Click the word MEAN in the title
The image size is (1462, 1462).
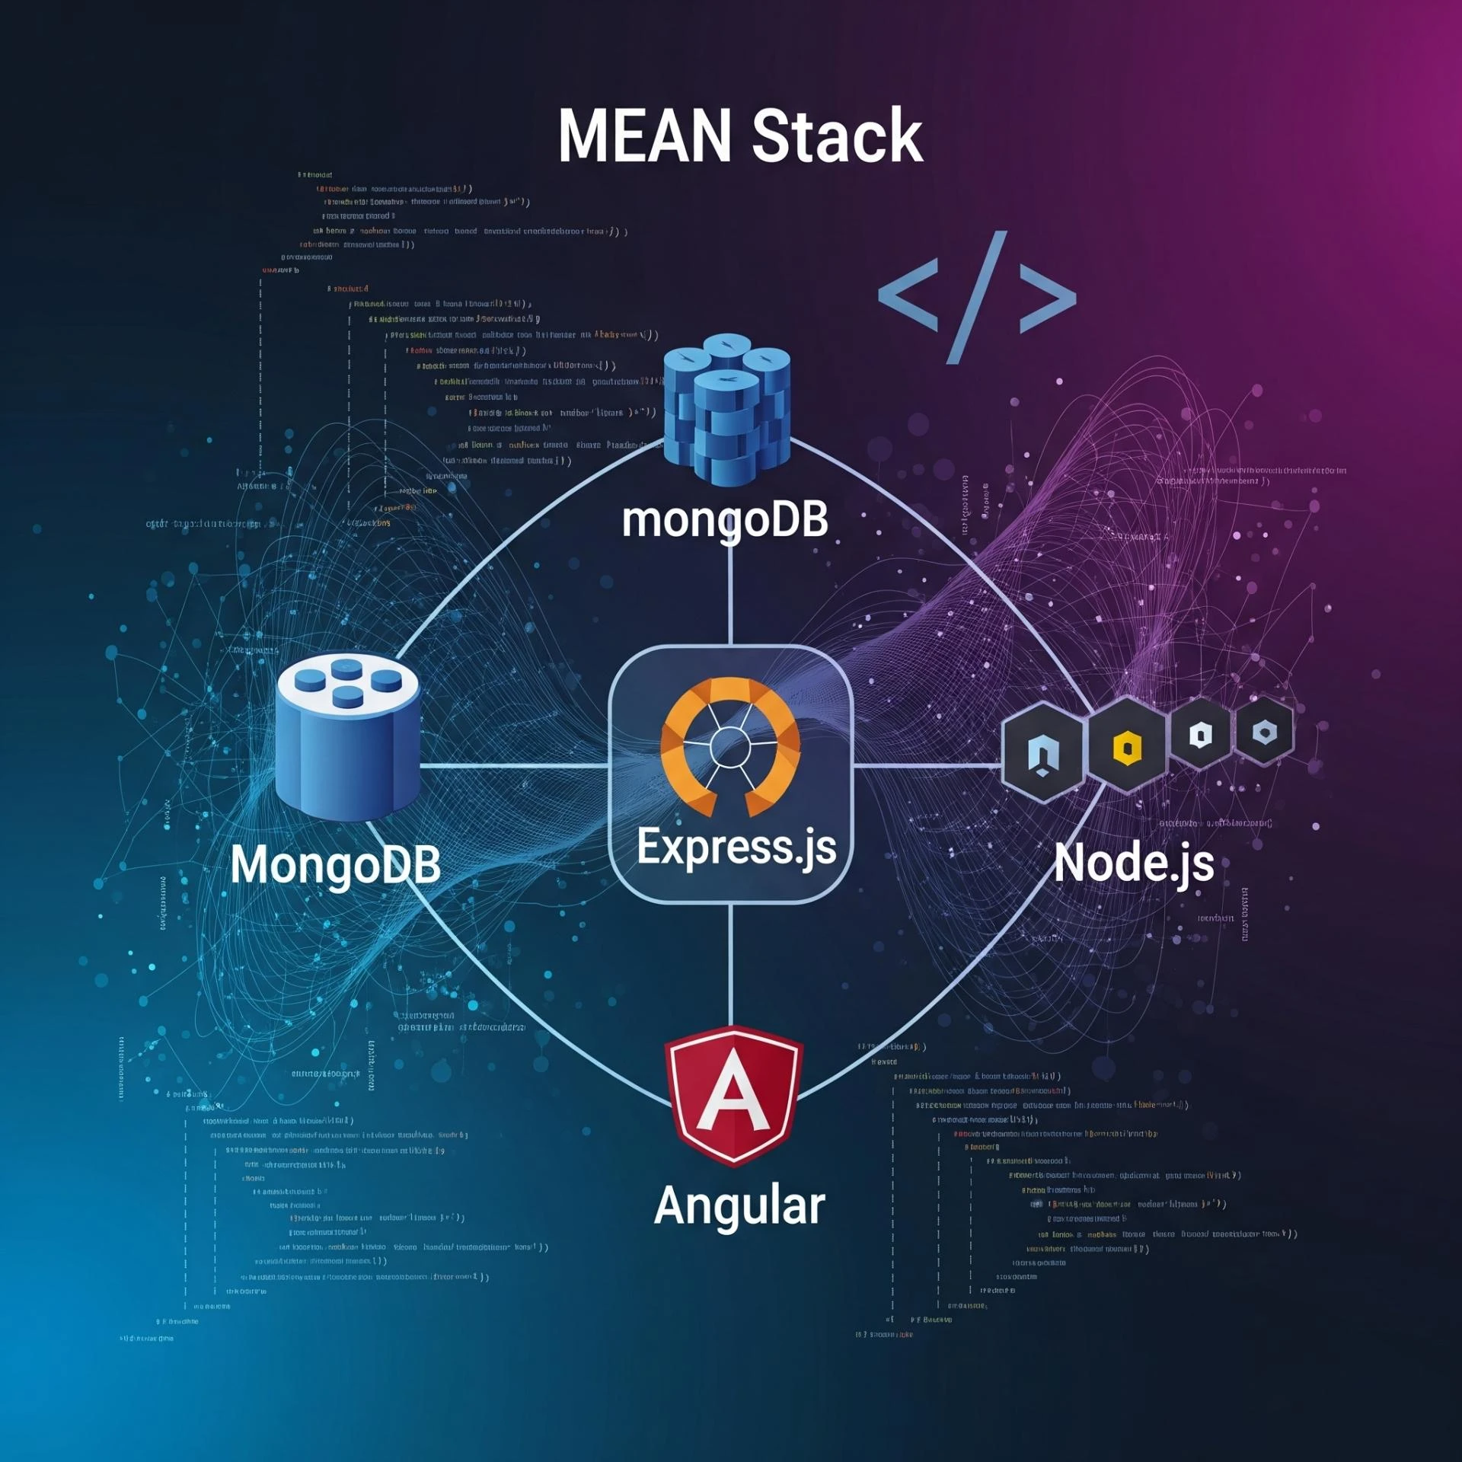click(x=644, y=136)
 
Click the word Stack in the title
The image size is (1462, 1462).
click(x=838, y=136)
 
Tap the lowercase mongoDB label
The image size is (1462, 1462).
click(x=725, y=521)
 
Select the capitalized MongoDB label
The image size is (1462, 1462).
click(x=336, y=865)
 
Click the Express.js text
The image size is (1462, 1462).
click(x=736, y=847)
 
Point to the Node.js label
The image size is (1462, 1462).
click(x=1134, y=863)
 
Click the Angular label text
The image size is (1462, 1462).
click(x=739, y=1205)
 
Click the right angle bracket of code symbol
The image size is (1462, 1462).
click(x=1048, y=298)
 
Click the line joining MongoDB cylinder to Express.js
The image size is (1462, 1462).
click(x=514, y=765)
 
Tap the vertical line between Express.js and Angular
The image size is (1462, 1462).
click(x=730, y=963)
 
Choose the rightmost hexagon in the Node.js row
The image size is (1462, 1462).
click(x=1264, y=733)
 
